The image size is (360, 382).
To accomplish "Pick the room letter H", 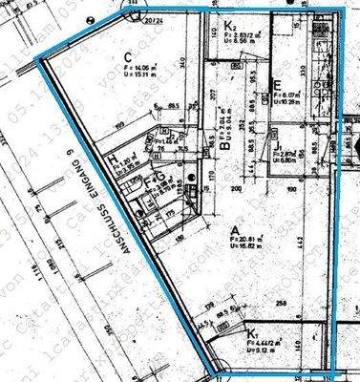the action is (112, 159).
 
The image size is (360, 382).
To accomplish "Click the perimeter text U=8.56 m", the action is (241, 43).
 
